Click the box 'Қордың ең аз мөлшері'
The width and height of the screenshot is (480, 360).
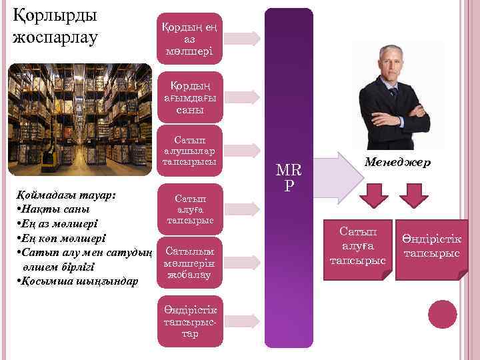click(190, 38)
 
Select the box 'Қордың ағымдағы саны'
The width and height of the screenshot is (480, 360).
click(190, 97)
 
